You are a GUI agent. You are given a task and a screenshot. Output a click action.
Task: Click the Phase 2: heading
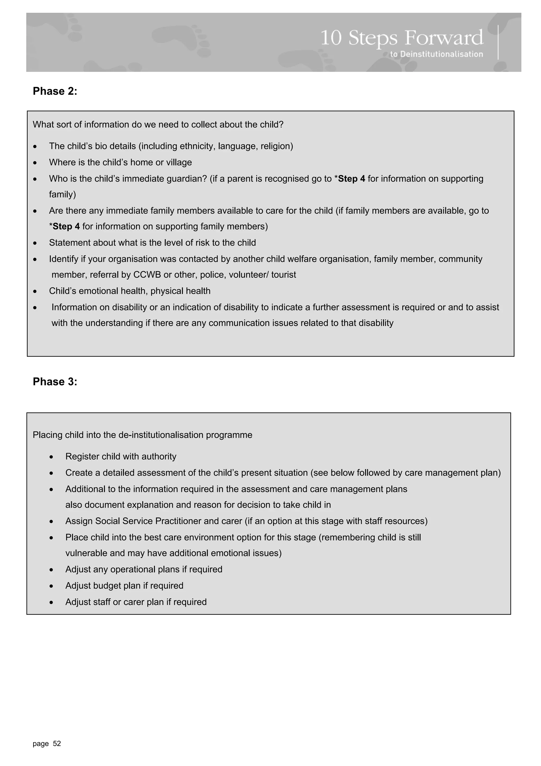(x=55, y=91)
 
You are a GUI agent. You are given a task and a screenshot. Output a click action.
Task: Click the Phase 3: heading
(x=55, y=381)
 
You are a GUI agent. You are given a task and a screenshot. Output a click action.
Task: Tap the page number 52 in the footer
(x=57, y=743)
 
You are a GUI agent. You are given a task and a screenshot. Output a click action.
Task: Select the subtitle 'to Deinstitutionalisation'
(x=436, y=54)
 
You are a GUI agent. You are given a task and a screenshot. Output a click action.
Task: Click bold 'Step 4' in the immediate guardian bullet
(x=351, y=178)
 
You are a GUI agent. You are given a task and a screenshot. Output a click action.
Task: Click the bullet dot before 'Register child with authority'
(x=51, y=457)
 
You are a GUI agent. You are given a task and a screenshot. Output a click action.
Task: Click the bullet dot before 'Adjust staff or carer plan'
(x=51, y=602)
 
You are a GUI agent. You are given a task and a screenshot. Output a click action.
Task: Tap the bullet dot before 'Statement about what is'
(x=35, y=243)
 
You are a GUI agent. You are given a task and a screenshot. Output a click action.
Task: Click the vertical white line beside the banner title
(x=498, y=42)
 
